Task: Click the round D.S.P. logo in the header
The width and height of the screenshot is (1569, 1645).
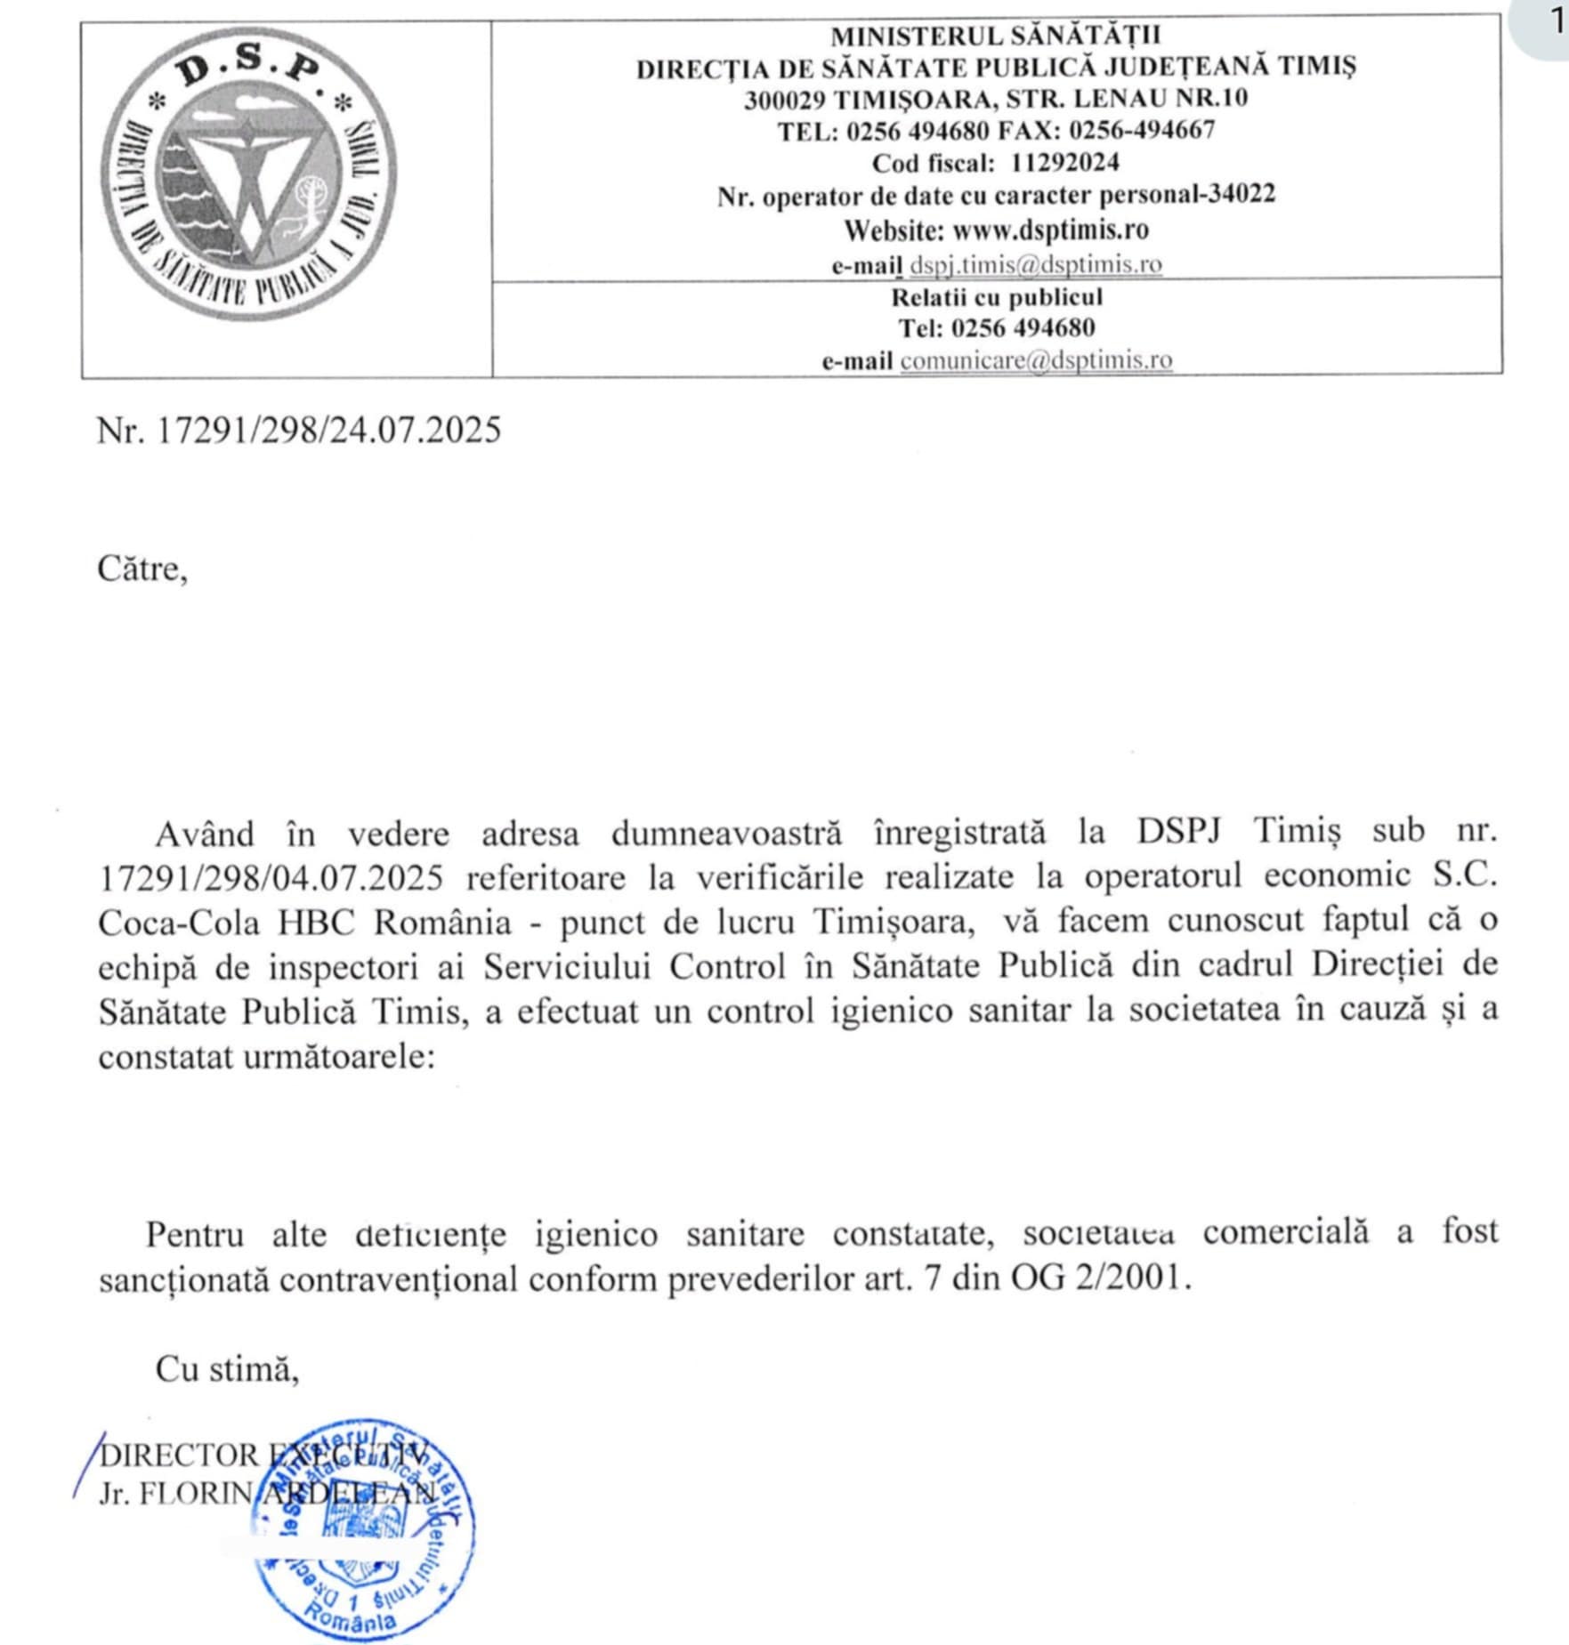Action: pyautogui.click(x=249, y=174)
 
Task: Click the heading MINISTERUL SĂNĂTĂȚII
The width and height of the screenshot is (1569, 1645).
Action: pyautogui.click(x=996, y=36)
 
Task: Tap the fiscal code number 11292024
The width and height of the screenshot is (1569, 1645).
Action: pyautogui.click(x=1064, y=163)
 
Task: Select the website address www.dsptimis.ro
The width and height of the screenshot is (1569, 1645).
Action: pyautogui.click(x=1050, y=230)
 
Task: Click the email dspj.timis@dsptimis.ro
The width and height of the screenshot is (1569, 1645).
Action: pyautogui.click(x=1035, y=264)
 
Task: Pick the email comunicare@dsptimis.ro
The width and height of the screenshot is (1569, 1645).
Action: pyautogui.click(x=1036, y=360)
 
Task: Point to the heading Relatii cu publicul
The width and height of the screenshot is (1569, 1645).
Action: pyautogui.click(x=997, y=297)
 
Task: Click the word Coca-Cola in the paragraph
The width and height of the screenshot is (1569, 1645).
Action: pyautogui.click(x=178, y=923)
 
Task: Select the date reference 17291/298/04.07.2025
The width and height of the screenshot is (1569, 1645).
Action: pyautogui.click(x=271, y=878)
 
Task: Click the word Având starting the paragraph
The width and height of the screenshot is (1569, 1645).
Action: pyautogui.click(x=205, y=835)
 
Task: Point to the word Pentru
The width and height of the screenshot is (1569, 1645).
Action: pyautogui.click(x=195, y=1235)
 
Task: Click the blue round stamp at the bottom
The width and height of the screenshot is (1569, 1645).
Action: pyautogui.click(x=363, y=1529)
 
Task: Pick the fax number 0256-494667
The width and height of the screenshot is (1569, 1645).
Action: pyautogui.click(x=1142, y=131)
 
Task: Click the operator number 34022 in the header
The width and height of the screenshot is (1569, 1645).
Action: pyautogui.click(x=1241, y=195)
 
